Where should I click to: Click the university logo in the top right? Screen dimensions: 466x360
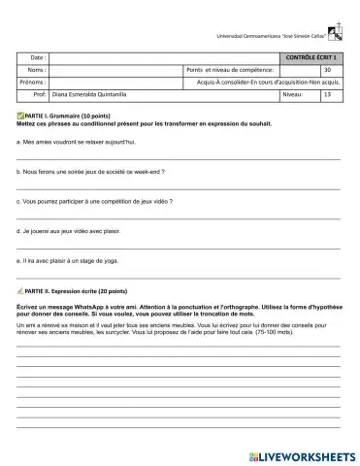click(x=335, y=34)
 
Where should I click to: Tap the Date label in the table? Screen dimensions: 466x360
click(x=38, y=58)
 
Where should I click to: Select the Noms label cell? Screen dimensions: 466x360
click(x=37, y=71)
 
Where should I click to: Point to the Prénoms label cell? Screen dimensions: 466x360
click(x=33, y=83)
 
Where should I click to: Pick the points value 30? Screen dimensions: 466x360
click(x=327, y=71)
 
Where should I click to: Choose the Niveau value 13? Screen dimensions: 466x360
click(x=327, y=95)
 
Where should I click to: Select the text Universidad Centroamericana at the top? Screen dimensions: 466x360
click(x=257, y=36)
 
